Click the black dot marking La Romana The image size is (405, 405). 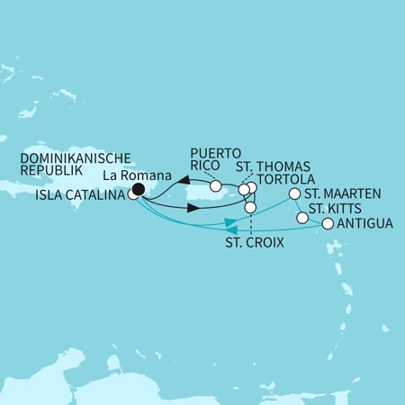[x=138, y=189]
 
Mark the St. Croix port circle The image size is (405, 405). [x=250, y=208]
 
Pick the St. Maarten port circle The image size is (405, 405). [x=293, y=193]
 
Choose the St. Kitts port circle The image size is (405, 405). [x=301, y=217]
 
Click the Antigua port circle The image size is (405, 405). [x=328, y=224]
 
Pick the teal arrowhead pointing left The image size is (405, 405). [x=230, y=221]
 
